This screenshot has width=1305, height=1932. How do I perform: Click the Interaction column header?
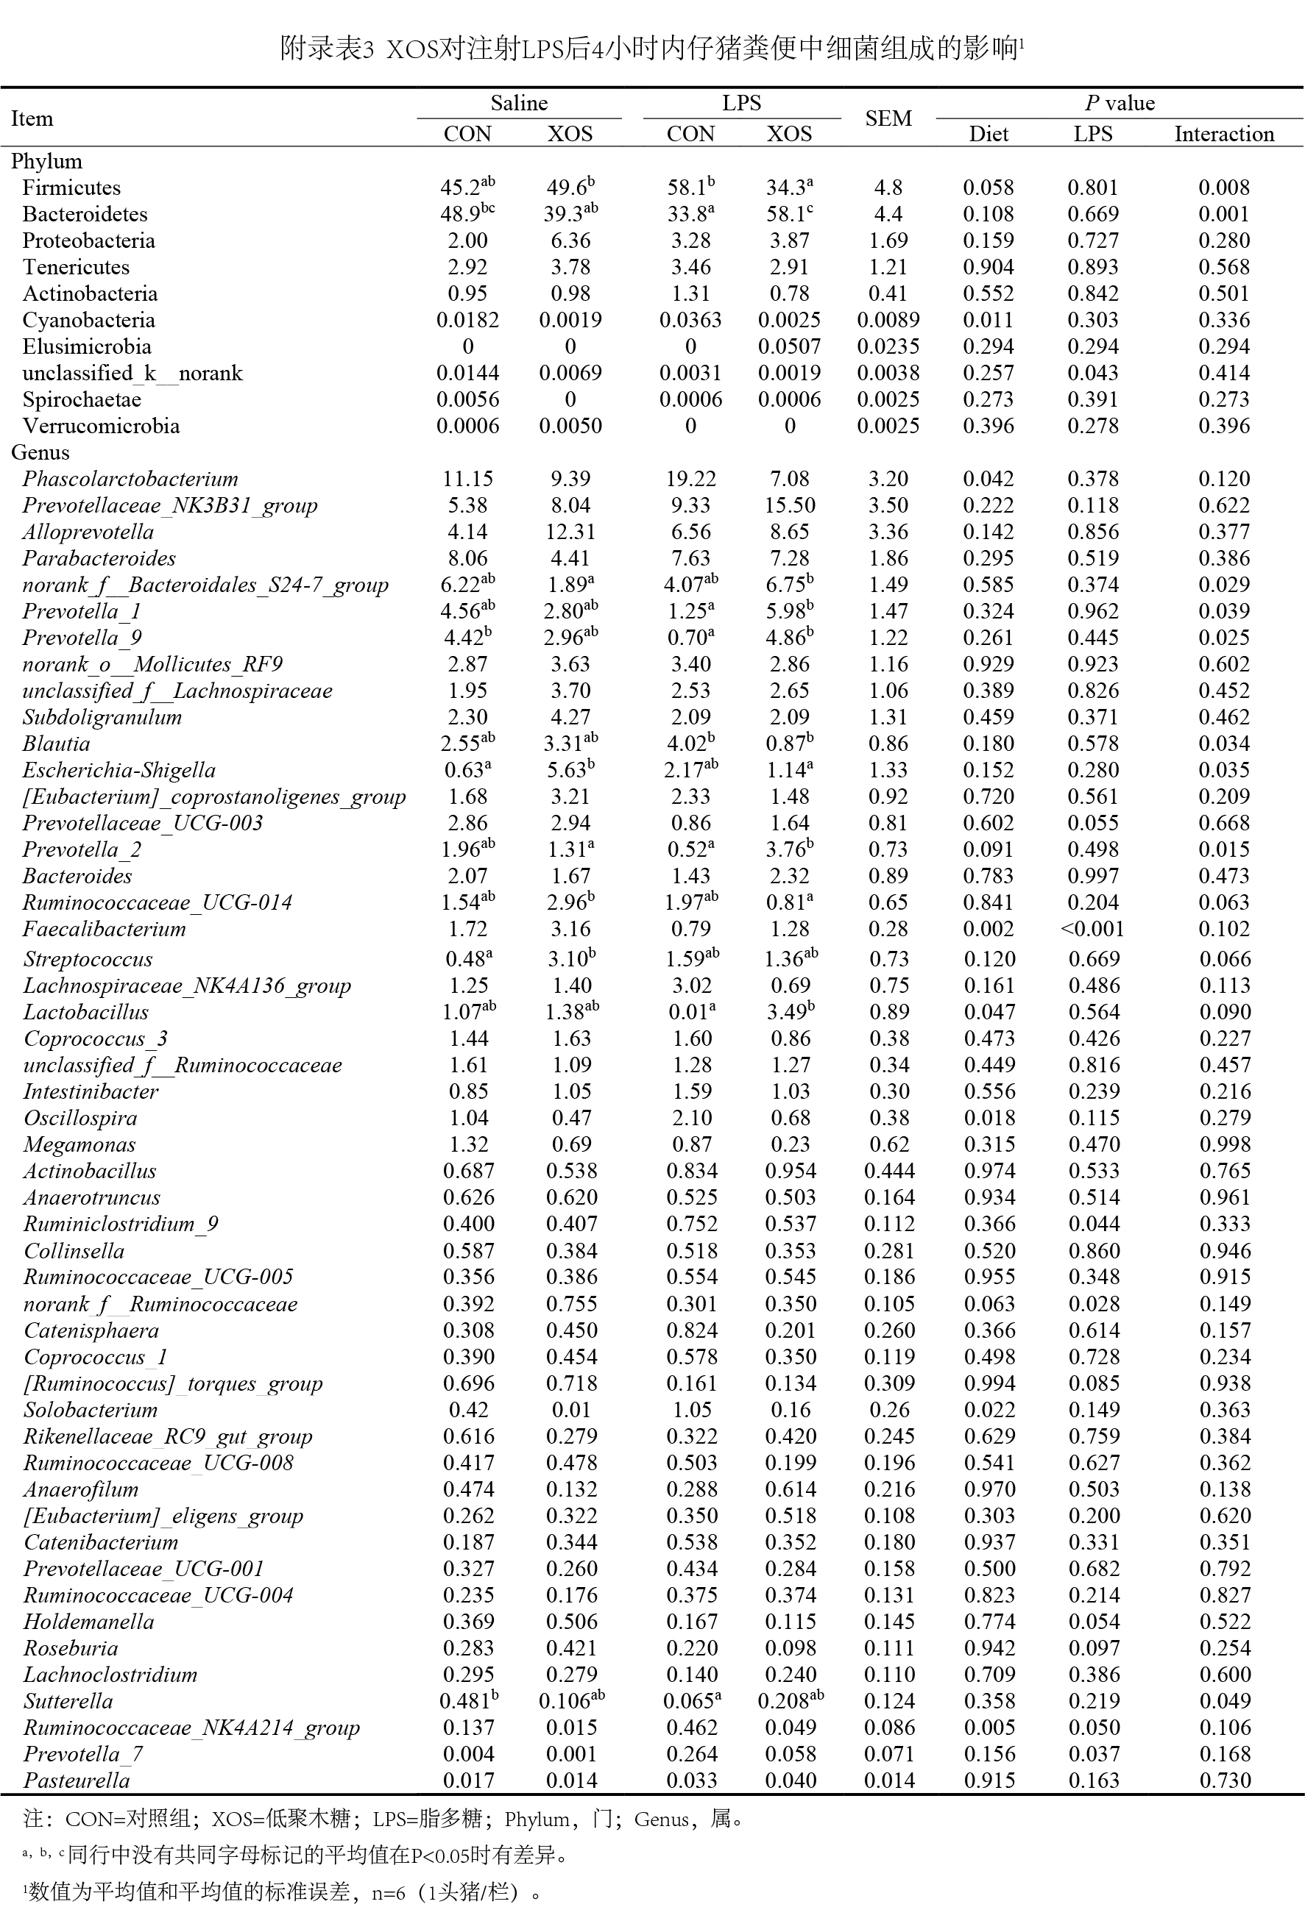1223,134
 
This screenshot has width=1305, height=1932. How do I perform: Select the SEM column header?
888,118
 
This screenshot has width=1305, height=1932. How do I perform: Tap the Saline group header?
519,103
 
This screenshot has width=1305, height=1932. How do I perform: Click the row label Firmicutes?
71,188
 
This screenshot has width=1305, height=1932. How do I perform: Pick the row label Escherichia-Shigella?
119,771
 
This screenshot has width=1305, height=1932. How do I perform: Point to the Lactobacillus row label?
85,1013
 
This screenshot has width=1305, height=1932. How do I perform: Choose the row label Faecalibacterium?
104,930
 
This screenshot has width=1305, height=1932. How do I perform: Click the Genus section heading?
40,453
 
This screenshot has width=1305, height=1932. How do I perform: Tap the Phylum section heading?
46,161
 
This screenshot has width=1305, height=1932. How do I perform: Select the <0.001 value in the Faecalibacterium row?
1092,930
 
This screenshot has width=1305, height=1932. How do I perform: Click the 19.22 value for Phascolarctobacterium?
690,479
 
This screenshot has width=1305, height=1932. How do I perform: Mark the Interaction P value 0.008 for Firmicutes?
1223,188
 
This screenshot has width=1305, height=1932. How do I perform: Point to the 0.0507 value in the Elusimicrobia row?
789,346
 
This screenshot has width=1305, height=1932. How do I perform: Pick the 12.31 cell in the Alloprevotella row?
570,532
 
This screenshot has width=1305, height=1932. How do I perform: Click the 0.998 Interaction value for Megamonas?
1224,1145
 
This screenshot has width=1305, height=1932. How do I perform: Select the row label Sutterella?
68,1701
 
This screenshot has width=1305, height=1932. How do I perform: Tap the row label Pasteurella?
77,1780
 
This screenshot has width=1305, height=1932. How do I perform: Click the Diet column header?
988,134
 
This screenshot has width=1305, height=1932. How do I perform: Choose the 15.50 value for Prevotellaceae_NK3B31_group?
789,505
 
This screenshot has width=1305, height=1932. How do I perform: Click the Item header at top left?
32,118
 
